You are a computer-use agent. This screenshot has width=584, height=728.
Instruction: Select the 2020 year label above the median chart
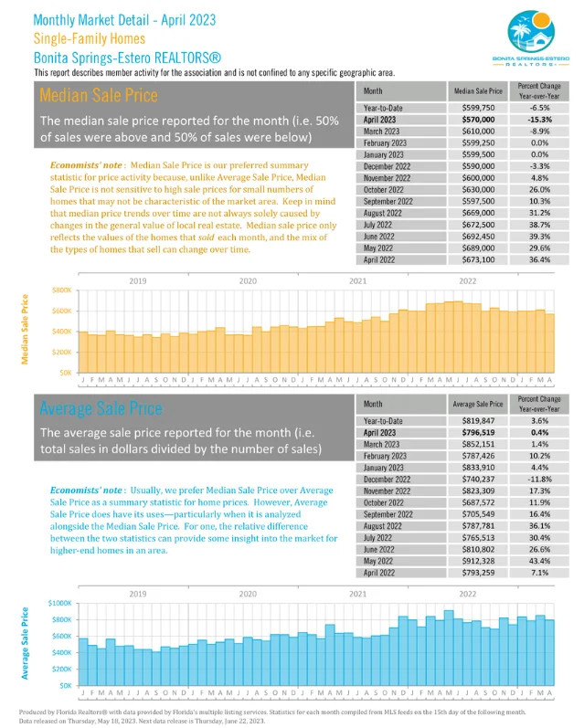coord(247,280)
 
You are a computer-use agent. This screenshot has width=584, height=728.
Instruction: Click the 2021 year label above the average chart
coord(357,594)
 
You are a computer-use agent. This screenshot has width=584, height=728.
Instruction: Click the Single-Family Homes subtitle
coord(90,38)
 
